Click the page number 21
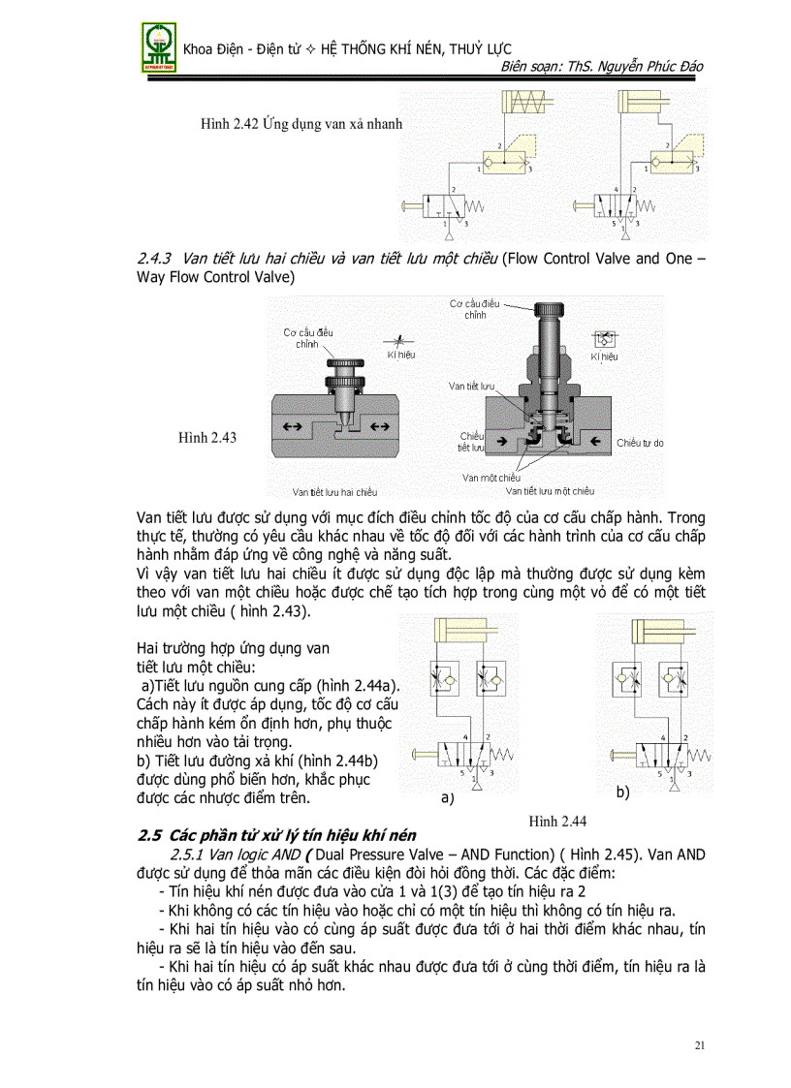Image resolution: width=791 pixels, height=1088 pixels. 700,1045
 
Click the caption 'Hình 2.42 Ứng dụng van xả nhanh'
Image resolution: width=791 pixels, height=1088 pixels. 301,124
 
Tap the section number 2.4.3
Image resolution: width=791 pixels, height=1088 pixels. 155,259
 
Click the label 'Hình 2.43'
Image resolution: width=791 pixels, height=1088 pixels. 207,438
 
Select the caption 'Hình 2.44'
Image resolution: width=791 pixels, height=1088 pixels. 557,822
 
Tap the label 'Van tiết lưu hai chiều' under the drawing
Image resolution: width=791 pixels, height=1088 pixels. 335,492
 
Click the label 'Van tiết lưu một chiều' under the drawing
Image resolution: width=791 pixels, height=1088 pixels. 550,491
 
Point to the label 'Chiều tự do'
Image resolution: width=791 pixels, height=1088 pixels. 640,443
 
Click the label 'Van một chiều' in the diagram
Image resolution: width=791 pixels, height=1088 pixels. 490,478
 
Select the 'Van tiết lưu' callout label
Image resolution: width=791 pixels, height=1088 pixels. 471,386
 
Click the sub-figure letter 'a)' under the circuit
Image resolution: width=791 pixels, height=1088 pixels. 447,799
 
